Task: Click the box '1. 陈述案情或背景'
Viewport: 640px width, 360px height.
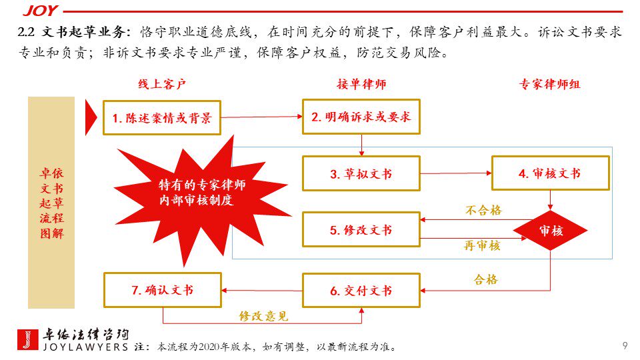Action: click(162, 118)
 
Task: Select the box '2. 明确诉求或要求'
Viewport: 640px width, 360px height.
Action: click(361, 117)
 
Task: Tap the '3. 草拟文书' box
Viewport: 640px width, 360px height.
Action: click(361, 173)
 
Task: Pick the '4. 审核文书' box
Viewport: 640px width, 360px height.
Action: click(550, 173)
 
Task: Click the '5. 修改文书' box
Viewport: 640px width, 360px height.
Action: click(361, 230)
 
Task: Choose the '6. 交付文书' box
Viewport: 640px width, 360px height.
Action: click(361, 291)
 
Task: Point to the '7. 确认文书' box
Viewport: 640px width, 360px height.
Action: click(162, 290)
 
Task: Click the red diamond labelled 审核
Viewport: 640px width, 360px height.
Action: click(550, 231)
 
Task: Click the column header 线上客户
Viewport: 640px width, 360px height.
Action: click(162, 85)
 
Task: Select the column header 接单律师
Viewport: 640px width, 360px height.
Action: click(361, 85)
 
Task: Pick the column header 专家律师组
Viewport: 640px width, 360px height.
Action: click(550, 85)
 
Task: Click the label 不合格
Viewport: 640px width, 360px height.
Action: click(483, 210)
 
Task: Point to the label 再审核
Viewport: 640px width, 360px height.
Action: click(482, 246)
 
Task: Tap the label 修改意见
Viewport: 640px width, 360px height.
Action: click(263, 316)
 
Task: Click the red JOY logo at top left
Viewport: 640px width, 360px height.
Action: click(40, 10)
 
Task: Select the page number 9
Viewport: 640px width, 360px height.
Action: click(624, 345)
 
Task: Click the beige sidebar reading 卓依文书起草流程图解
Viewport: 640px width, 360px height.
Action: click(51, 203)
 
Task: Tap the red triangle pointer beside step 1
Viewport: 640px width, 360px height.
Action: click(91, 118)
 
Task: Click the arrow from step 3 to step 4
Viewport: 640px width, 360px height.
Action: click(456, 173)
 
